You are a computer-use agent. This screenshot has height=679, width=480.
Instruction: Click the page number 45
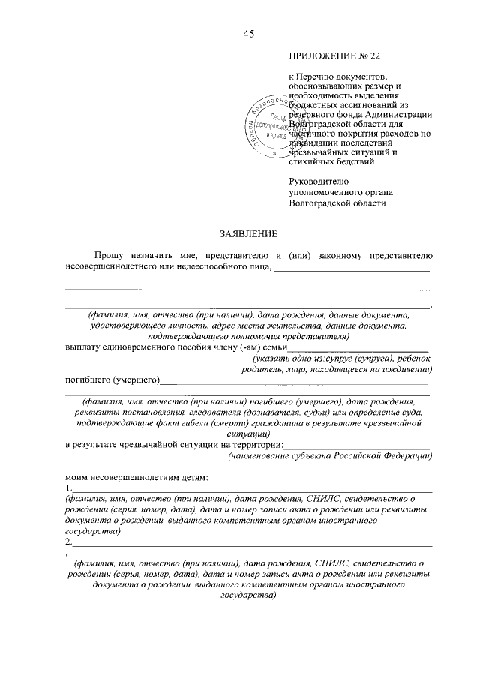(250, 33)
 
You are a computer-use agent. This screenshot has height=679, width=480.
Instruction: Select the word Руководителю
(321, 181)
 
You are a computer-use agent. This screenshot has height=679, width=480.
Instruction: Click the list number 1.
(68, 488)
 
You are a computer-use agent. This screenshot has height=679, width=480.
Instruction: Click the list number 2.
(68, 542)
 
